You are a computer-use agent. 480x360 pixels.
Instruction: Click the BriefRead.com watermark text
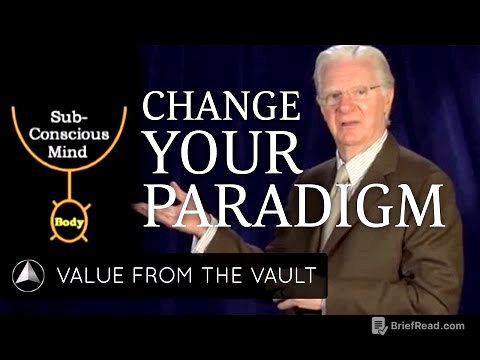pos(428,326)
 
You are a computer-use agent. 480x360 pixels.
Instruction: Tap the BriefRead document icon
pos(380,325)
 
